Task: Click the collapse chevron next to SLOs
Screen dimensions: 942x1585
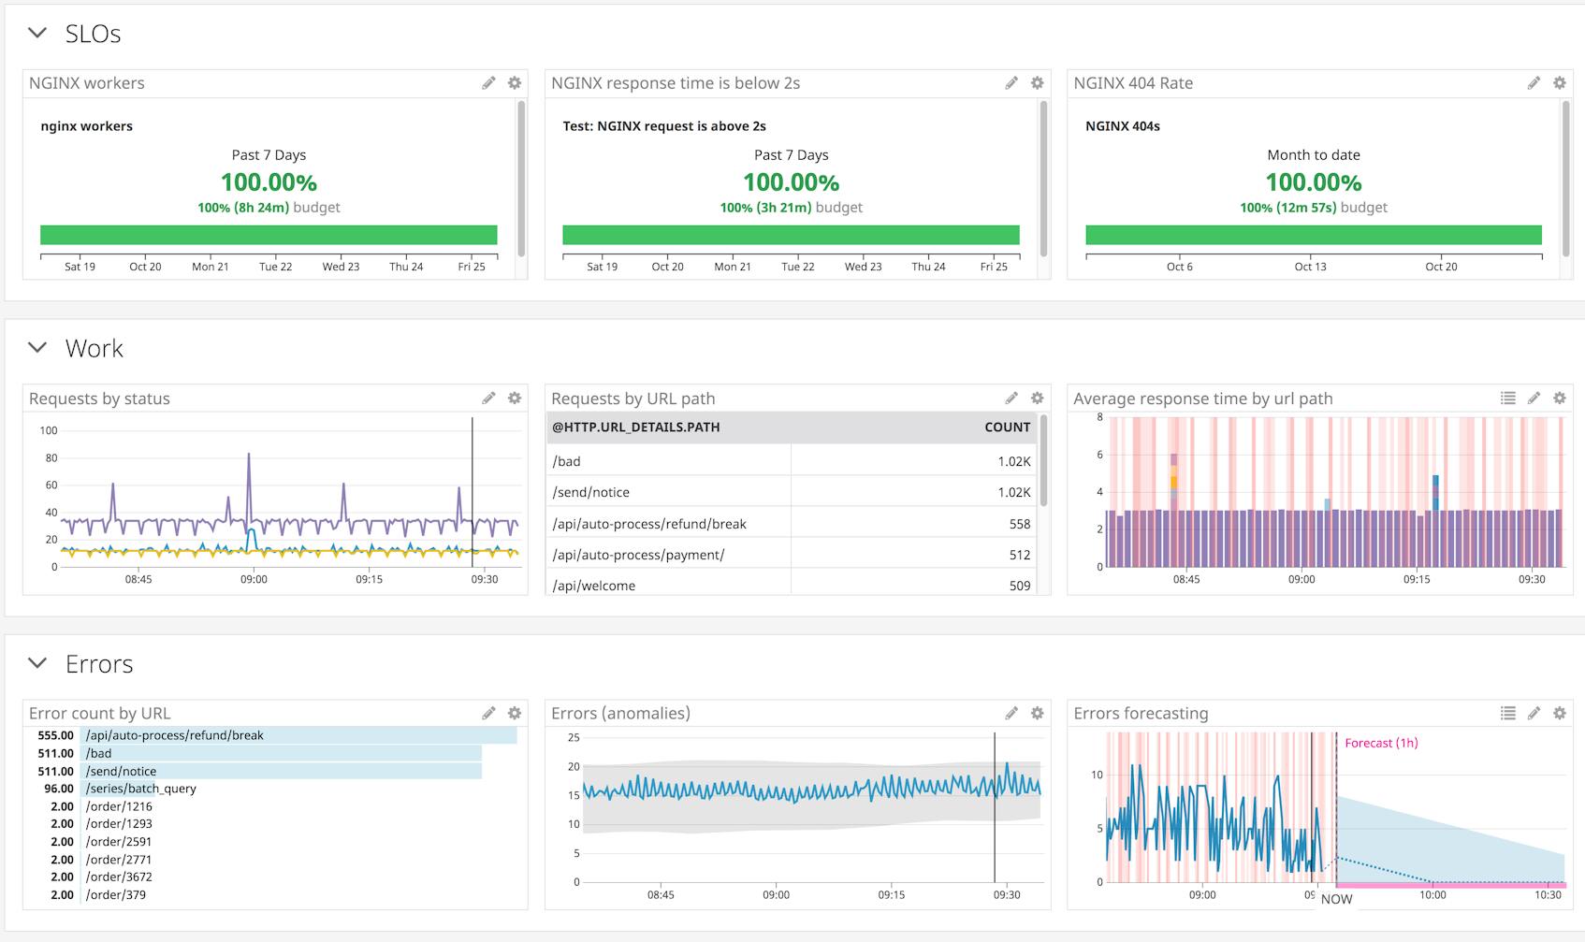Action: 37,33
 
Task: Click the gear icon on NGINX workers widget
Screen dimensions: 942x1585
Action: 515,83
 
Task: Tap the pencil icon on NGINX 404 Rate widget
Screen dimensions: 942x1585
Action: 1534,83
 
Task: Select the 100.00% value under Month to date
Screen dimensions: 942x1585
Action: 1313,182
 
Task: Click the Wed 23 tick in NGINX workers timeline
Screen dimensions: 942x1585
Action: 341,267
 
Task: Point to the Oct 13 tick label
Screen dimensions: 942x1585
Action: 1310,267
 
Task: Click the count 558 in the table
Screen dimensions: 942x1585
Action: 1019,524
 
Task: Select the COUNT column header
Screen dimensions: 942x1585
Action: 1007,428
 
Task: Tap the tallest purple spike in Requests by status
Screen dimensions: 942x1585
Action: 249,456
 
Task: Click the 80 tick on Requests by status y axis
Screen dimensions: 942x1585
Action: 51,458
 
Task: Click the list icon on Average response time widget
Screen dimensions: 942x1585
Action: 1507,399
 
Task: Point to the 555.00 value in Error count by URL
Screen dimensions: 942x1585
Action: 55,735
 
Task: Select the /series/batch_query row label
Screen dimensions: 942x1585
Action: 140,789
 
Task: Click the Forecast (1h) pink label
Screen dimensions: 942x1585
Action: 1380,744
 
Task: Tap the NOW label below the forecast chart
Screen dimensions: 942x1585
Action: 1336,899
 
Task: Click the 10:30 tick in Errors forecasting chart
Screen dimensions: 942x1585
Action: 1548,895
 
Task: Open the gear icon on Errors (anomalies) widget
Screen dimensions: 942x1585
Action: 1037,714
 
